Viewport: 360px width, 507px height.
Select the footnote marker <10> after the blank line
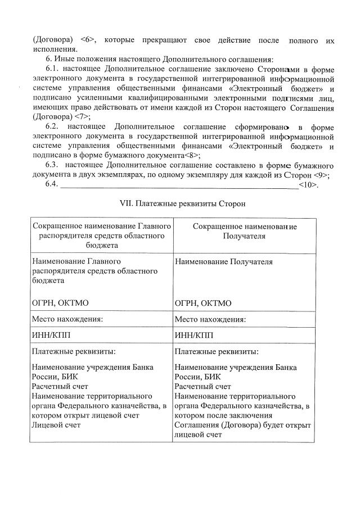(308, 184)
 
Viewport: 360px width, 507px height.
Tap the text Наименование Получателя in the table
(223, 261)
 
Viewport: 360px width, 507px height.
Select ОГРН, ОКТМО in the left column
(60, 303)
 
